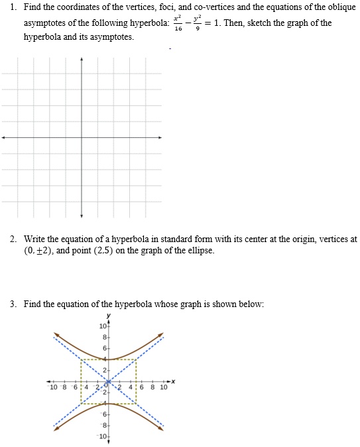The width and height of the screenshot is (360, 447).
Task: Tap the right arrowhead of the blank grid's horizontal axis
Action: (x=160, y=137)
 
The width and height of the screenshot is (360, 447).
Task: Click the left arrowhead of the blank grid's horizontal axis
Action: (x=3, y=137)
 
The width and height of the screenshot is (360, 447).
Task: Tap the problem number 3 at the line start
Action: (x=13, y=304)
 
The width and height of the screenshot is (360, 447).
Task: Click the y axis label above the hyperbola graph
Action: (x=109, y=316)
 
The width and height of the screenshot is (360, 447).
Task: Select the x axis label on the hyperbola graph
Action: (x=173, y=381)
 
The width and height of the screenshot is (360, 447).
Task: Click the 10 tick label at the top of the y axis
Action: (x=102, y=326)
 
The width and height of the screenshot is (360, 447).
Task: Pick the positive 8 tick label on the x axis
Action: (x=152, y=387)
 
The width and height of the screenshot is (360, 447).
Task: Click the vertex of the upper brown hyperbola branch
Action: (x=109, y=359)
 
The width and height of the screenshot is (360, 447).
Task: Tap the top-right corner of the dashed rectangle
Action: (x=137, y=359)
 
